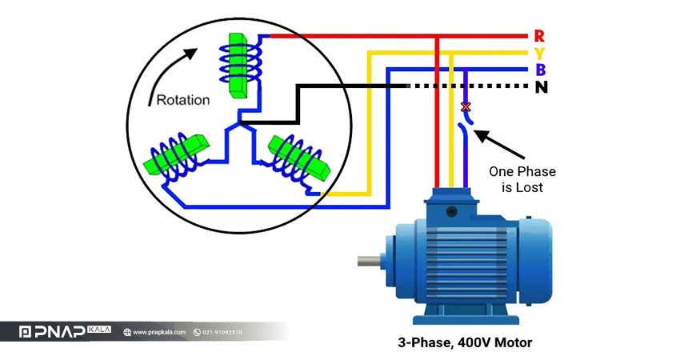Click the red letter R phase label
539,35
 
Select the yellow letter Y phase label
539,54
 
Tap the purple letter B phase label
540,70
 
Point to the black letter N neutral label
542,87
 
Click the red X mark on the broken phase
466,106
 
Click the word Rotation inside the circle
183,100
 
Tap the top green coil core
238,65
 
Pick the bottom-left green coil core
176,154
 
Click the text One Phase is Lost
522,179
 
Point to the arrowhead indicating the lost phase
482,135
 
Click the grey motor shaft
369,261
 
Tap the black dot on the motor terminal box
452,212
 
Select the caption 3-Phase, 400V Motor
465,342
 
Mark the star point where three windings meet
239,124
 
